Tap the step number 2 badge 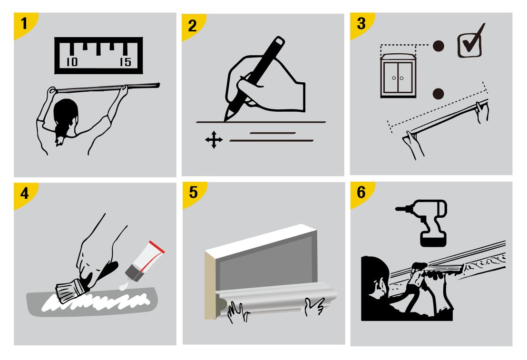[192, 26]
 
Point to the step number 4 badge [24, 194]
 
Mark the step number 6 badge [361, 192]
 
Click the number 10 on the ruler [72, 62]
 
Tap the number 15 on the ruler [126, 62]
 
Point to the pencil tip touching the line [225, 119]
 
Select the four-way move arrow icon [214, 140]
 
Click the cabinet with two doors [398, 76]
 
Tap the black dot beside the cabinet [438, 46]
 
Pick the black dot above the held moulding [438, 94]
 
